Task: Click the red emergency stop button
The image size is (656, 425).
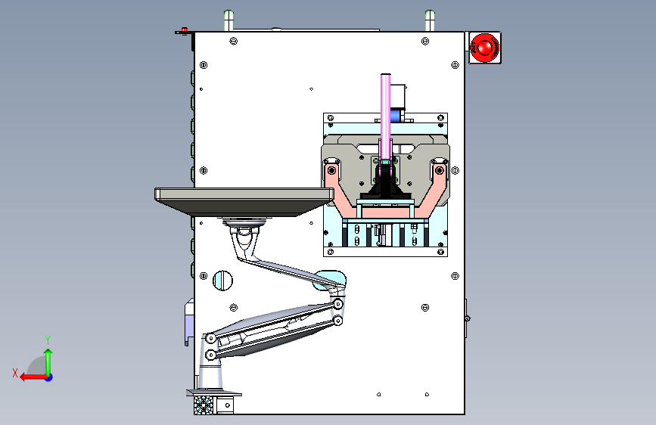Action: coord(485,48)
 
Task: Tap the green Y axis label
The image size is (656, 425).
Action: coord(48,340)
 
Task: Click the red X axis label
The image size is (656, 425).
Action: coord(15,373)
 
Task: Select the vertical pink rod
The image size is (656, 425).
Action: coord(385,116)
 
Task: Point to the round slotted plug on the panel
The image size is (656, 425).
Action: coord(222,281)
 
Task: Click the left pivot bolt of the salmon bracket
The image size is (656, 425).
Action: coord(331,170)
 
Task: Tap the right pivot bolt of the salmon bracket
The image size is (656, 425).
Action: coord(439,170)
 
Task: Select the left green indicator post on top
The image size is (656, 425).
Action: coord(229,20)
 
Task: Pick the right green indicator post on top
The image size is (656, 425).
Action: coord(430,20)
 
